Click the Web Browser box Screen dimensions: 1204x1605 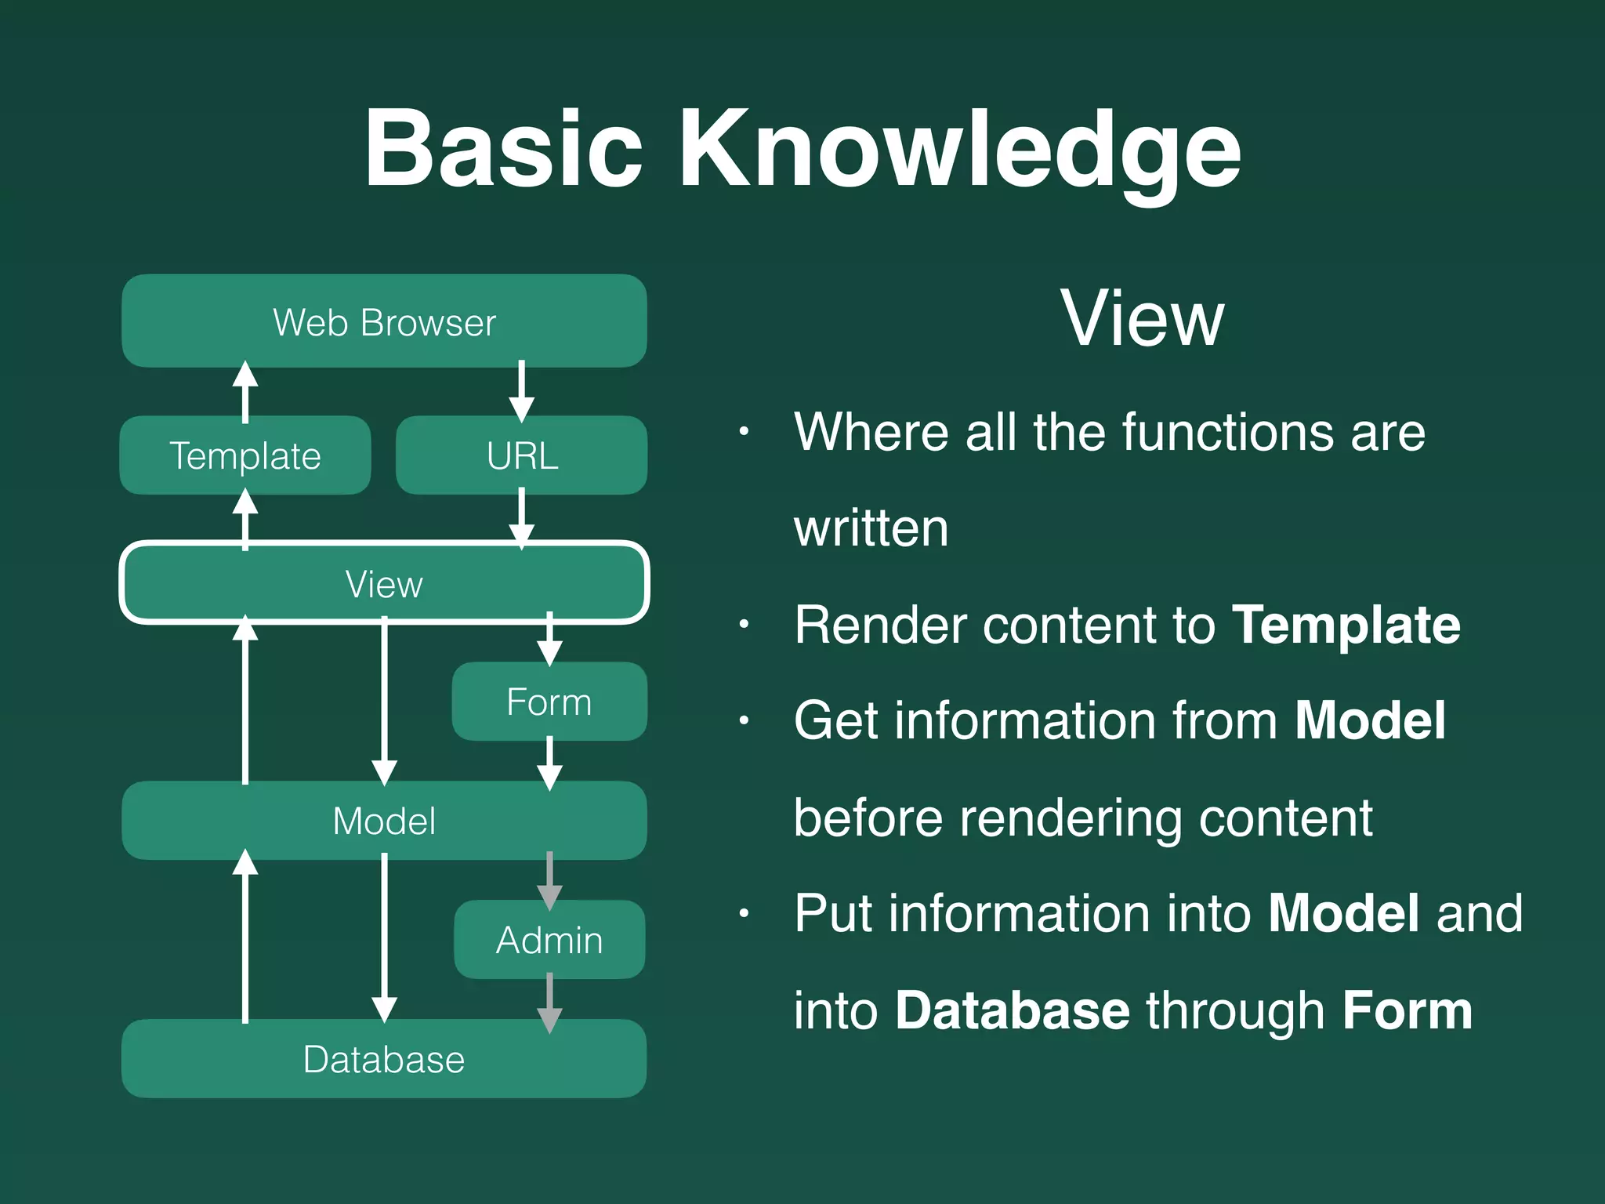click(x=384, y=321)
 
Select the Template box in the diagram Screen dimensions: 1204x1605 click(x=245, y=455)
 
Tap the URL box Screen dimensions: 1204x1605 click(x=522, y=455)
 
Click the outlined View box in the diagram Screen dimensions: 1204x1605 click(x=384, y=583)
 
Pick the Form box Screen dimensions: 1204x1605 click(x=549, y=702)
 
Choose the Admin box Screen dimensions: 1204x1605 click(x=549, y=940)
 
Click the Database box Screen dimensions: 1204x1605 click(x=384, y=1059)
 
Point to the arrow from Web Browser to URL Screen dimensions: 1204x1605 click(x=521, y=391)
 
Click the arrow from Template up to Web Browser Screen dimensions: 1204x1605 click(x=245, y=391)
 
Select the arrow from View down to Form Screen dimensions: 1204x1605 click(x=549, y=639)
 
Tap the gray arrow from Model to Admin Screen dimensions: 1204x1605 click(x=549, y=880)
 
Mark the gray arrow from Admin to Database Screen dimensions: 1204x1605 click(x=549, y=1003)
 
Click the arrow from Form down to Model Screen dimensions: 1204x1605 click(x=549, y=762)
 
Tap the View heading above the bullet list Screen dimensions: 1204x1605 click(x=1142, y=318)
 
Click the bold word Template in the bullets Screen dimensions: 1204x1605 click(x=1346, y=625)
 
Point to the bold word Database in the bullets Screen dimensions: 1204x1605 click(x=1013, y=1010)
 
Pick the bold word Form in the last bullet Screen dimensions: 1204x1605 click(x=1407, y=1010)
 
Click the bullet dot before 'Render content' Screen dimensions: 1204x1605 click(x=744, y=625)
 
